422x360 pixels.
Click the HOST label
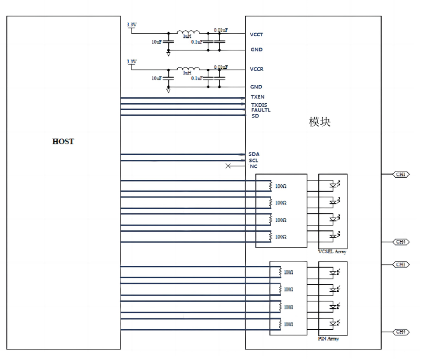pyautogui.click(x=63, y=142)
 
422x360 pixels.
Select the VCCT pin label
pyautogui.click(x=257, y=35)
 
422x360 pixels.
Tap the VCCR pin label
pyautogui.click(x=257, y=69)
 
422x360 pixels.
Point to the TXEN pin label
pyautogui.click(x=258, y=97)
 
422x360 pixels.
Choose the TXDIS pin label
pyautogui.click(x=259, y=105)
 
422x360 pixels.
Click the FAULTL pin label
pyautogui.click(x=261, y=110)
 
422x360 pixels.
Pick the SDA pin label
pyautogui.click(x=254, y=154)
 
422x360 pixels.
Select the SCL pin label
pyautogui.click(x=253, y=160)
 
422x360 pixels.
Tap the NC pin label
pyautogui.click(x=253, y=166)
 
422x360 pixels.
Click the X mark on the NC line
pyautogui.click(x=228, y=166)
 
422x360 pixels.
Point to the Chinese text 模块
pyautogui.click(x=320, y=122)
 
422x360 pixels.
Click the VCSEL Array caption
pyautogui.click(x=332, y=252)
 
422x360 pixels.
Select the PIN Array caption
pyautogui.click(x=329, y=338)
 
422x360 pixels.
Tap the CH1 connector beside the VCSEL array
pyautogui.click(x=401, y=175)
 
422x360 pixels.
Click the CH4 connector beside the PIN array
pyautogui.click(x=401, y=332)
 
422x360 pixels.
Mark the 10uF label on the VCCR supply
pyautogui.click(x=157, y=78)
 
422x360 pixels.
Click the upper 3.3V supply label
pyautogui.click(x=131, y=25)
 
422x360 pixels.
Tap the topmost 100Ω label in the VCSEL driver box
pyautogui.click(x=281, y=186)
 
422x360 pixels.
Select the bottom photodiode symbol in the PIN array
pyautogui.click(x=333, y=323)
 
